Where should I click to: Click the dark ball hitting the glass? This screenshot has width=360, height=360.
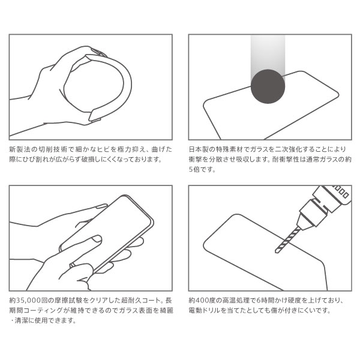coord(268,86)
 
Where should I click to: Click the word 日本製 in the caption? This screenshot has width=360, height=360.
coord(199,149)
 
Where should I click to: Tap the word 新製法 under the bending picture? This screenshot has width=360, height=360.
coord(19,149)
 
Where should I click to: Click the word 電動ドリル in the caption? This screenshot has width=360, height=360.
coord(205,310)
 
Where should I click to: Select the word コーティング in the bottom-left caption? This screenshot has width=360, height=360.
coord(43,310)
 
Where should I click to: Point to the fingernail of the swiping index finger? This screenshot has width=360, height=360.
coord(97,239)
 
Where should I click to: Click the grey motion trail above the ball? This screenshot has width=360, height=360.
coord(268,55)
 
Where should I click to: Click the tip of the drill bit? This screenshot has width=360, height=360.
coord(276,252)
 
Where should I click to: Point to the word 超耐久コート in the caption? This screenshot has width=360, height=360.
coord(141,301)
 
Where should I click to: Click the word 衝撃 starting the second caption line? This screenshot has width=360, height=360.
coord(196,160)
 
